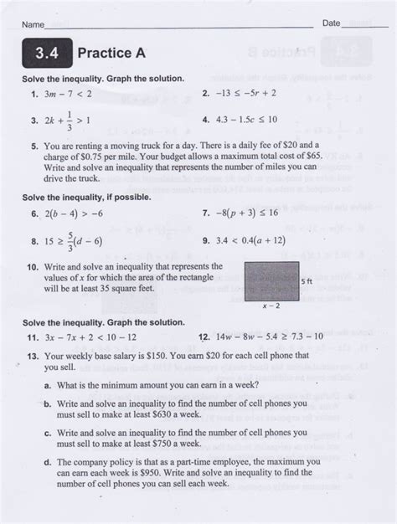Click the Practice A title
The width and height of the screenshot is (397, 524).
[x=111, y=53]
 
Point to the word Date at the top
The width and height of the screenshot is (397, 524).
[x=332, y=23]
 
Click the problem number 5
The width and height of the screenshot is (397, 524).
[x=34, y=145]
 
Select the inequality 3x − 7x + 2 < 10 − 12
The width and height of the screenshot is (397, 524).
[x=93, y=336]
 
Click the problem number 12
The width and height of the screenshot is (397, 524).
[x=204, y=336]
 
